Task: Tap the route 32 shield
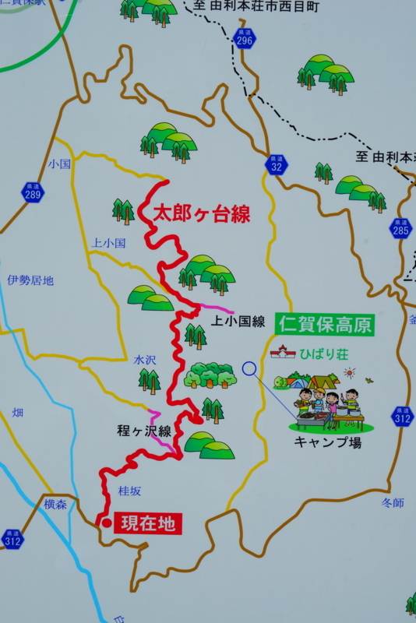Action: [x=277, y=164]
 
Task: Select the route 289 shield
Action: [x=33, y=192]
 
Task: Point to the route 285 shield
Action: [x=401, y=227]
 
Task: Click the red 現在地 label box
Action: [x=148, y=523]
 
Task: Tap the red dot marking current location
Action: [x=106, y=523]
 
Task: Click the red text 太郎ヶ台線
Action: [x=201, y=214]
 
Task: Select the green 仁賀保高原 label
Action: [x=325, y=325]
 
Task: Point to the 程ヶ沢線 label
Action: [x=144, y=431]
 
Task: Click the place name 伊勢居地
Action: [x=30, y=280]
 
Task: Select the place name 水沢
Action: [x=145, y=361]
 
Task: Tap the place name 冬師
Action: [x=393, y=503]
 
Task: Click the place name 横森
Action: [x=55, y=505]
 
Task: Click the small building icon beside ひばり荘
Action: [x=282, y=353]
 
